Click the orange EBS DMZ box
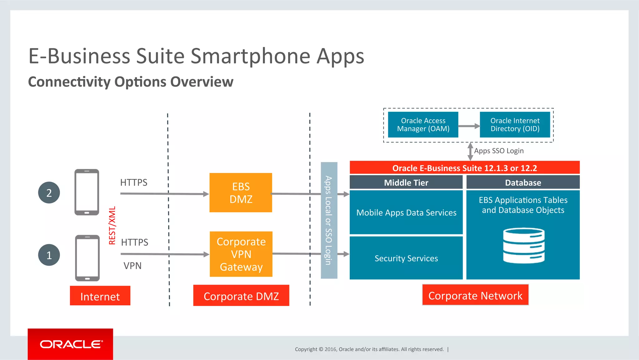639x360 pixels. tap(241, 193)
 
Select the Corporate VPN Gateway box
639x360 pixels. tap(241, 254)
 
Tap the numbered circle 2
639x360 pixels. tap(49, 193)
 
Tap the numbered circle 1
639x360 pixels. tap(49, 255)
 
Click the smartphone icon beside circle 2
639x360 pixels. tap(87, 192)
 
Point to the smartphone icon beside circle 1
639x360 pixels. tap(87, 258)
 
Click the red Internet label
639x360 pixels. tap(100, 296)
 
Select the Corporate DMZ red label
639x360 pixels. tap(241, 295)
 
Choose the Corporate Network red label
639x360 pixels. tap(475, 295)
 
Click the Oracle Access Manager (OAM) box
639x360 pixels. tap(423, 125)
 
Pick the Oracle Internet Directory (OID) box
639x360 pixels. tap(515, 125)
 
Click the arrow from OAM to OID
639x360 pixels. tap(469, 126)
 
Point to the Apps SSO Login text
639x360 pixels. tap(499, 151)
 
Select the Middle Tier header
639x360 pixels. tap(406, 182)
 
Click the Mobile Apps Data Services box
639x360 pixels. tap(406, 212)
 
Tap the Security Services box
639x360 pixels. tap(406, 258)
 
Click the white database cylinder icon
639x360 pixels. tap(524, 246)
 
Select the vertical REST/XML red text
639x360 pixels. tap(112, 225)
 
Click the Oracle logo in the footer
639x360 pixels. tap(71, 344)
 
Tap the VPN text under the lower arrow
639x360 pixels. tap(132, 266)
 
